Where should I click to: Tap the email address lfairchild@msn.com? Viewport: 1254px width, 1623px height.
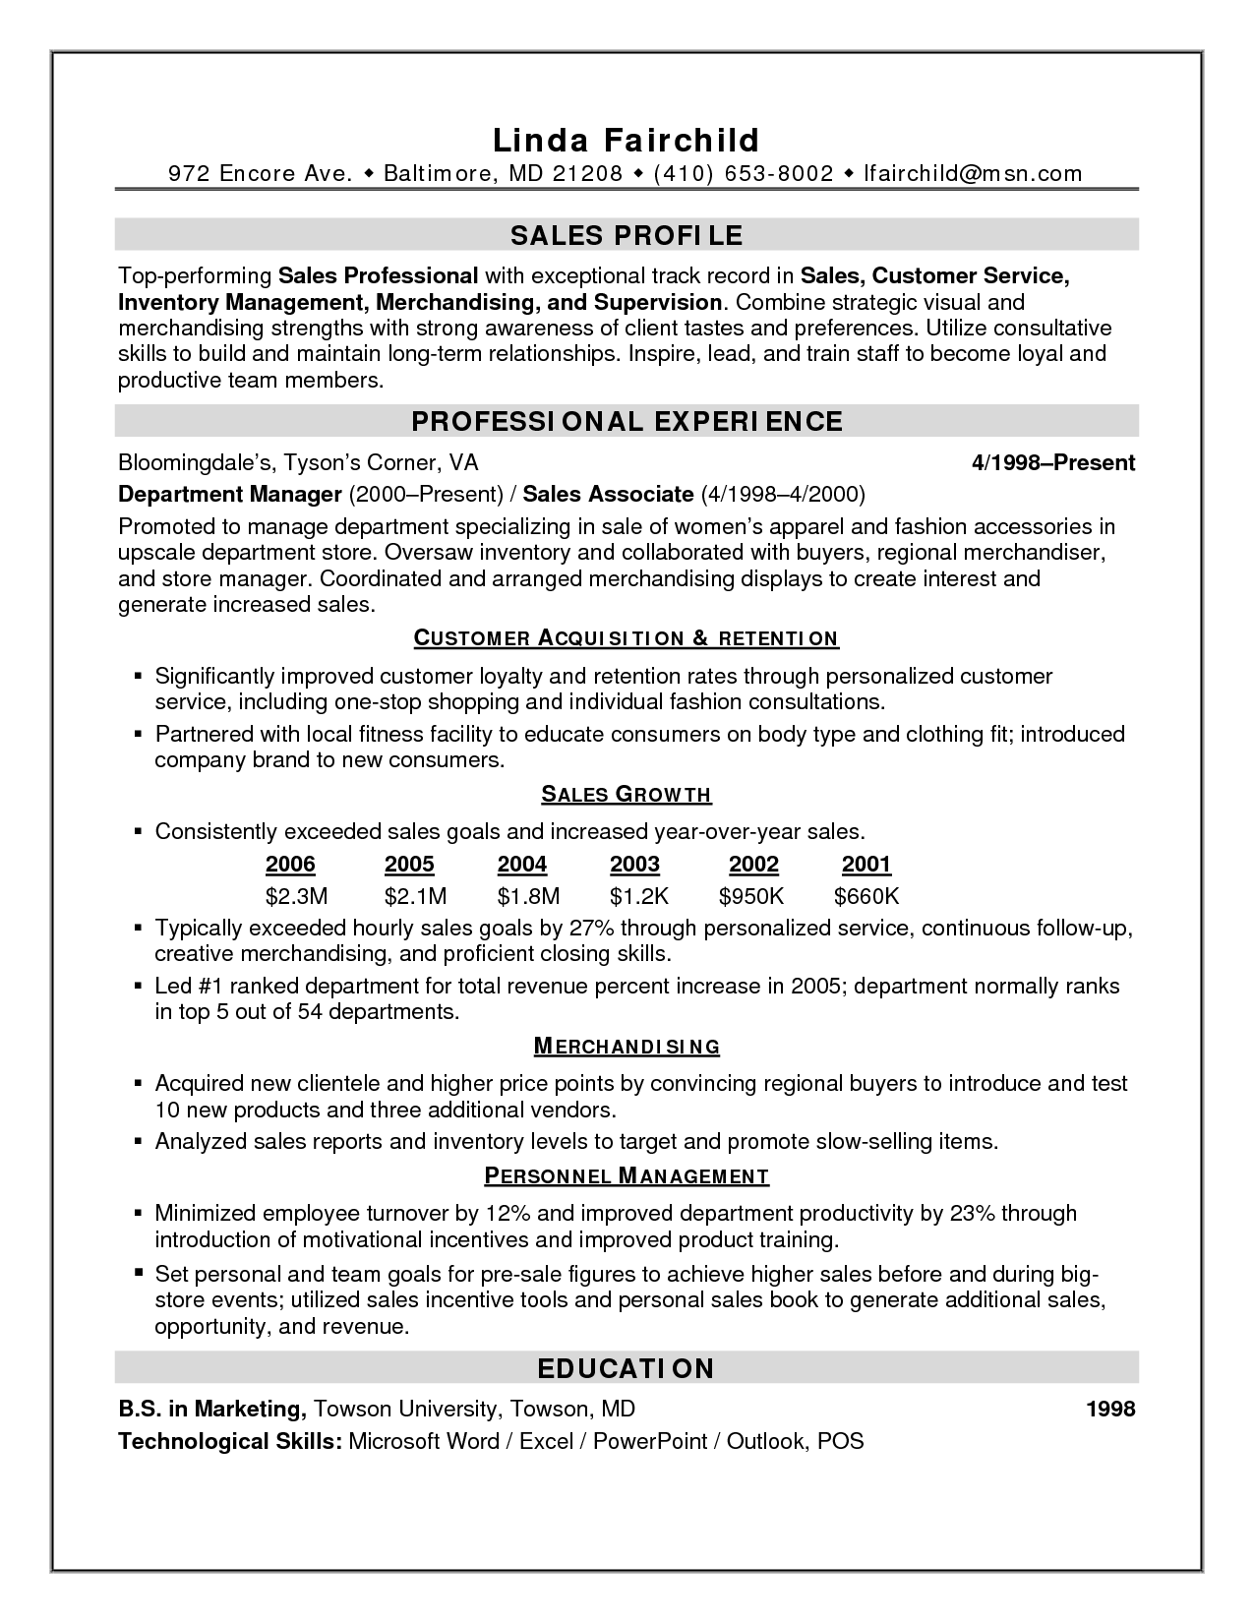coord(972,174)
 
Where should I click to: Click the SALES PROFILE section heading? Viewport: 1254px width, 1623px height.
coord(627,235)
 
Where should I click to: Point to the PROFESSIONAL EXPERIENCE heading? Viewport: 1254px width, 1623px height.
coord(627,422)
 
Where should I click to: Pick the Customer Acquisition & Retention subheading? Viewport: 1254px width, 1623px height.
coord(627,638)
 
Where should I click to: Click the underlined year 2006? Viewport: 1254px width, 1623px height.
coord(290,865)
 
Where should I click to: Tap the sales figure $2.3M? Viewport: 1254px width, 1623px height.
coord(296,896)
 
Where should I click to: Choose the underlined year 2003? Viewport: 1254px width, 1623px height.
coord(634,865)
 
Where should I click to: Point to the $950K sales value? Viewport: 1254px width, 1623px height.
coord(751,896)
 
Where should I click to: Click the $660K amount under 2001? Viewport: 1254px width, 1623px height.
coord(866,896)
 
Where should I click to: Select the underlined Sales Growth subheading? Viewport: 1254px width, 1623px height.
coord(627,795)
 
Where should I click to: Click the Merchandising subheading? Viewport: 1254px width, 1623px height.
coord(627,1047)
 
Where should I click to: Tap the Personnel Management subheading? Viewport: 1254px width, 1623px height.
coord(627,1175)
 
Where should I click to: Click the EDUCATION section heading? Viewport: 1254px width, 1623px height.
coord(627,1368)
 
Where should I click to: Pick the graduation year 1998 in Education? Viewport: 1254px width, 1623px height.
coord(1110,1409)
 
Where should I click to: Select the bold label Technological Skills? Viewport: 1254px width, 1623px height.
coord(230,1441)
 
